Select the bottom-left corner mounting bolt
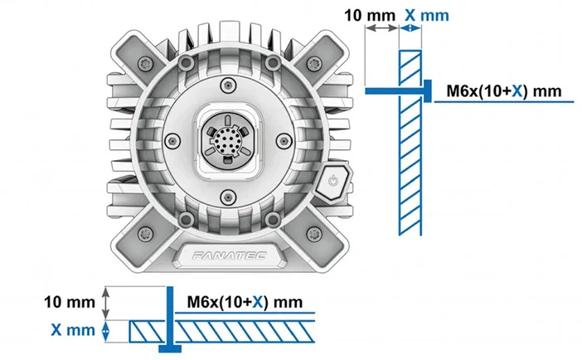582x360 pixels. (x=148, y=231)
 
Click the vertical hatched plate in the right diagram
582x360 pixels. (x=411, y=141)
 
